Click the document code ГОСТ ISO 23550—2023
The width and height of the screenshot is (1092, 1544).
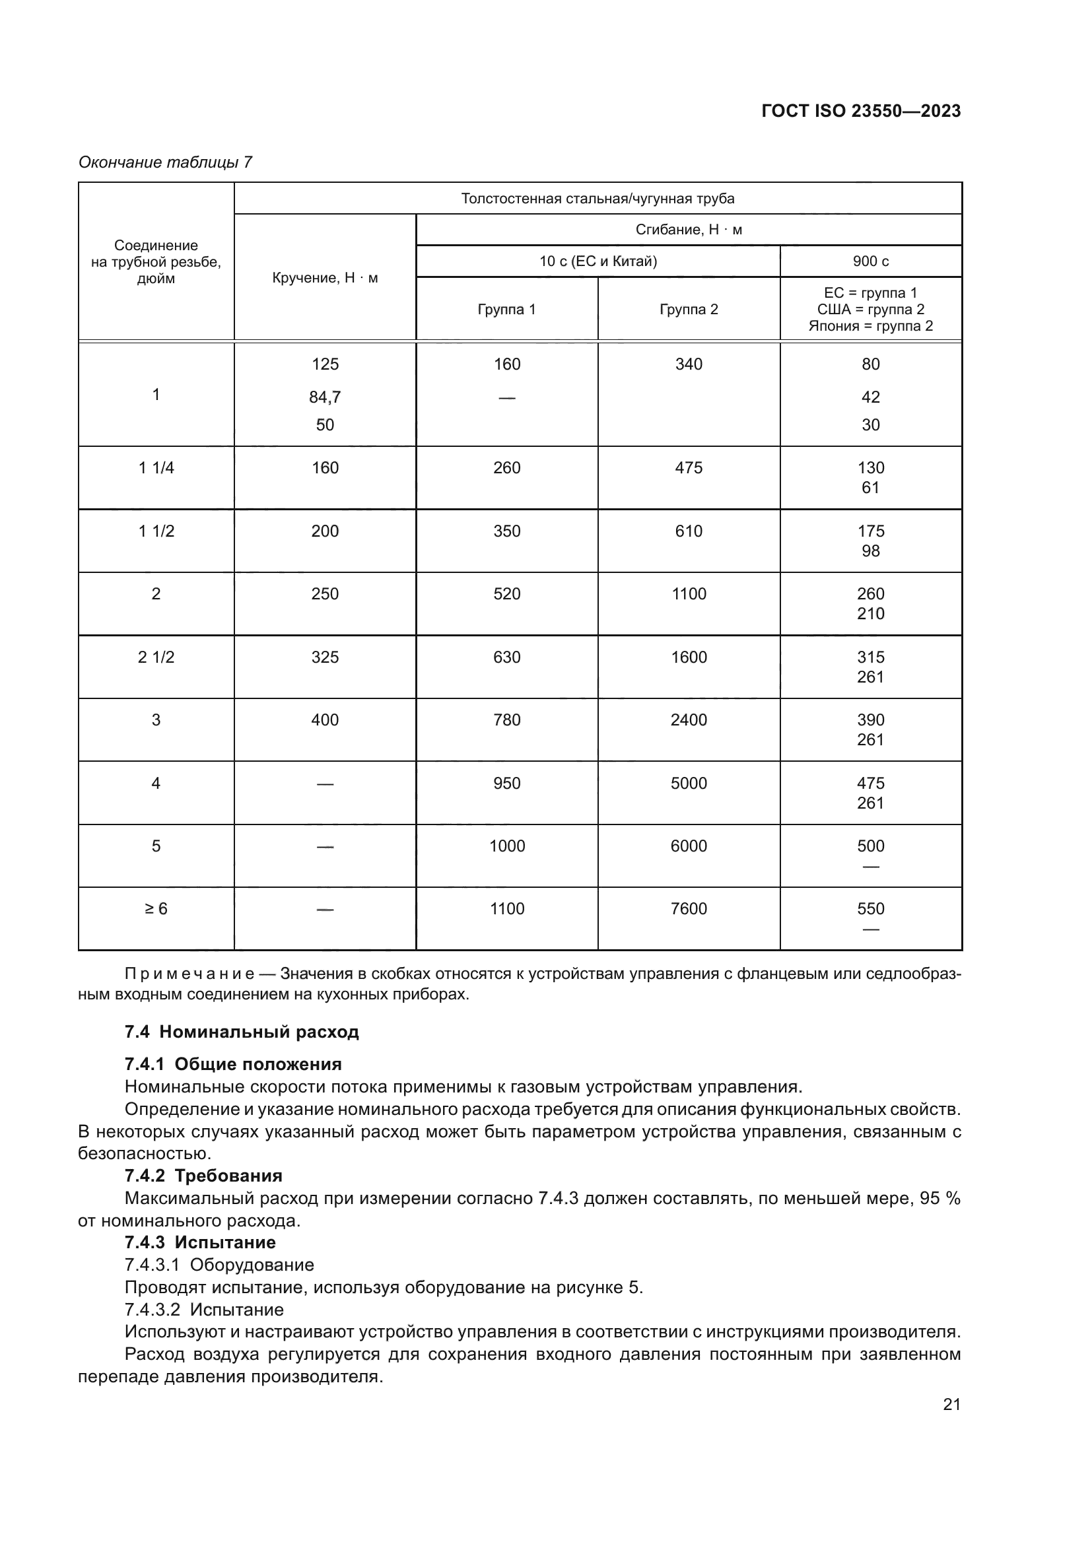(861, 112)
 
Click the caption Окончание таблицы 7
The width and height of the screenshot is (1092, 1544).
(165, 162)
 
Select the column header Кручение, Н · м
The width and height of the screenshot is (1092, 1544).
(325, 278)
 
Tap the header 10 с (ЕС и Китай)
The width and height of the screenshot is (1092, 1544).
(597, 261)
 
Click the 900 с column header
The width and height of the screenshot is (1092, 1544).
(870, 261)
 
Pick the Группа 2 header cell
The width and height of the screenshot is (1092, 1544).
(689, 310)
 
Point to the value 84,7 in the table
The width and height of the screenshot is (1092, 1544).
(325, 397)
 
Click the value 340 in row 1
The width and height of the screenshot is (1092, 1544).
(689, 364)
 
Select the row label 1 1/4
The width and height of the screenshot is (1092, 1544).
(156, 468)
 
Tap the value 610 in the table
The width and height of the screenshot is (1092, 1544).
(689, 531)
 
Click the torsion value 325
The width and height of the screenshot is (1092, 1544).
(325, 657)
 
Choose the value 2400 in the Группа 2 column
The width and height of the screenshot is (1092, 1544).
(689, 720)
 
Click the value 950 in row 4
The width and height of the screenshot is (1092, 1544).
(506, 784)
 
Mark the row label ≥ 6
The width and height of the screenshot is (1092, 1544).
(156, 909)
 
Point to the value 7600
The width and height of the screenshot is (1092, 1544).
(689, 909)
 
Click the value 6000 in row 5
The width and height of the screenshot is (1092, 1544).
(689, 846)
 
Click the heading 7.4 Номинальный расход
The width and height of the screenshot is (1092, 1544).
(242, 1032)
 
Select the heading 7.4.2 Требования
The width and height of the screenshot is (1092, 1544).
(203, 1176)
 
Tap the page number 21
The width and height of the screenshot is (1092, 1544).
(951, 1404)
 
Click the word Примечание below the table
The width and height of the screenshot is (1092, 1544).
(189, 974)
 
